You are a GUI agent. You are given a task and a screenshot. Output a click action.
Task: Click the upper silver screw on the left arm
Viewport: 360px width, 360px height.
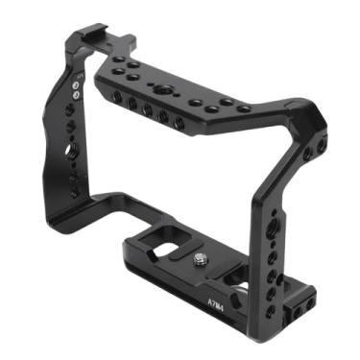[x=74, y=84]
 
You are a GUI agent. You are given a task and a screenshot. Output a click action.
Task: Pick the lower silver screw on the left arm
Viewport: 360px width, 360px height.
[x=74, y=96]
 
